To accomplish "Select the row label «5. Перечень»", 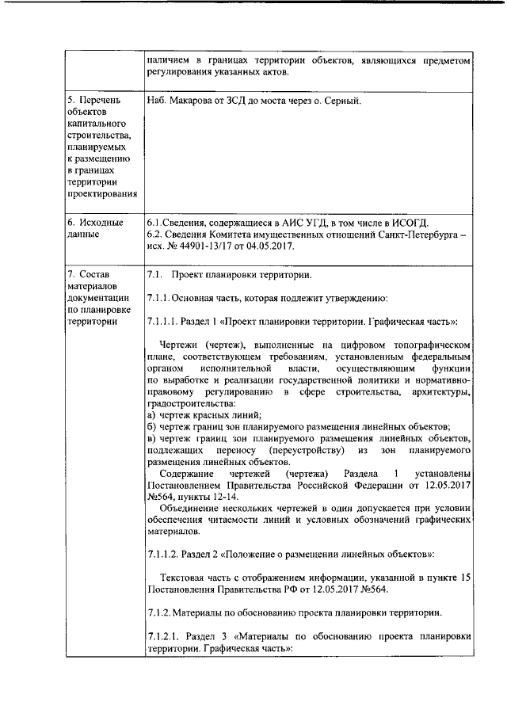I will [93, 101].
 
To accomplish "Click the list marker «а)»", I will [152, 414].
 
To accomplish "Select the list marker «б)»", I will [152, 426].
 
